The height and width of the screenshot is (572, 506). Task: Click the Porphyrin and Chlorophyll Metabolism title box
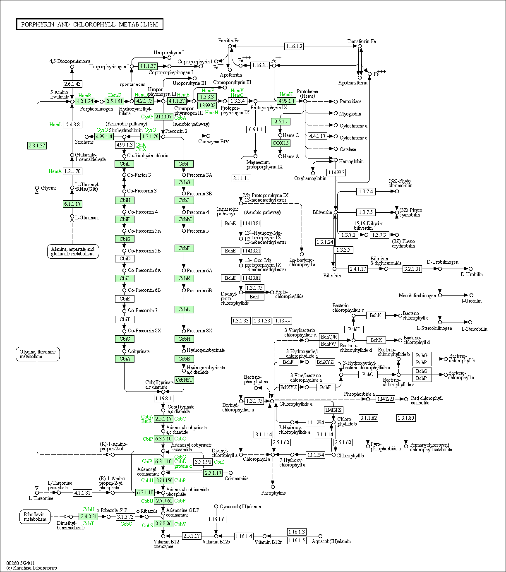[x=89, y=24]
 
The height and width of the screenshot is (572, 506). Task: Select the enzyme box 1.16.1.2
[x=294, y=46]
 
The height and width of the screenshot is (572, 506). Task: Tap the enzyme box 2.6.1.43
[x=72, y=84]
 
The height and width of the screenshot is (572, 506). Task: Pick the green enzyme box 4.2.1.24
[x=85, y=101]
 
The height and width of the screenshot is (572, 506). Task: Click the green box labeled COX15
[x=281, y=143]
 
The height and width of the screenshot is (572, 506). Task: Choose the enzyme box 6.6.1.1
[x=255, y=130]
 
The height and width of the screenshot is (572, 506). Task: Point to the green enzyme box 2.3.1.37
[x=37, y=146]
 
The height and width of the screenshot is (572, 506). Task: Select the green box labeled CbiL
[x=125, y=164]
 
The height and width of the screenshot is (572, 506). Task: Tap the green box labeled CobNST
[x=184, y=380]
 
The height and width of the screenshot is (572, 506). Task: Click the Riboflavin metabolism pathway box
[x=35, y=517]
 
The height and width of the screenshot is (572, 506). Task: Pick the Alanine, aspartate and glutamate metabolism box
[x=73, y=251]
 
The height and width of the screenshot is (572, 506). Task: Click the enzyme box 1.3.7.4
[x=366, y=191]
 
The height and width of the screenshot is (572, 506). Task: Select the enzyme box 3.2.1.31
[x=412, y=269]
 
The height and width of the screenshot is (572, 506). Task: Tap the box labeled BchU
[x=354, y=329]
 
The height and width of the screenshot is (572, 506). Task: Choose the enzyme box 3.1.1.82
[x=368, y=418]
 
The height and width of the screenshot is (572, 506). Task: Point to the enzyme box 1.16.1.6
[x=216, y=519]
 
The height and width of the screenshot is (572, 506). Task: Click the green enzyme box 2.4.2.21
[x=89, y=517]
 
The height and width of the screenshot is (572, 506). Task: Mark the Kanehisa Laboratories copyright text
[x=31, y=568]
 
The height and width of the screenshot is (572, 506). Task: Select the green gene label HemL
[x=55, y=124]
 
